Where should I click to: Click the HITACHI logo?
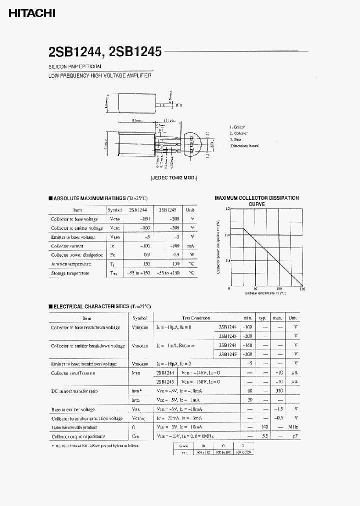(x=31, y=14)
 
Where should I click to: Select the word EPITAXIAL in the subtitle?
(x=90, y=66)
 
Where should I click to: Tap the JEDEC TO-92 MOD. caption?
(x=174, y=177)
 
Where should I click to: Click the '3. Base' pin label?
(x=236, y=139)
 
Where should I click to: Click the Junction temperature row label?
(x=71, y=264)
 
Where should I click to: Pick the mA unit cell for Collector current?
(x=190, y=246)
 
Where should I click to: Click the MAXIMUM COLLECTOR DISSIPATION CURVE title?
(x=256, y=201)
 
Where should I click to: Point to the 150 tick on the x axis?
(x=302, y=289)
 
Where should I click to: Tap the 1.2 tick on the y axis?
(x=227, y=209)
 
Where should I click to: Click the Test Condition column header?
(x=196, y=318)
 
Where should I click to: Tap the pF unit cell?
(x=296, y=436)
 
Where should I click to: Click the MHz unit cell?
(x=294, y=427)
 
